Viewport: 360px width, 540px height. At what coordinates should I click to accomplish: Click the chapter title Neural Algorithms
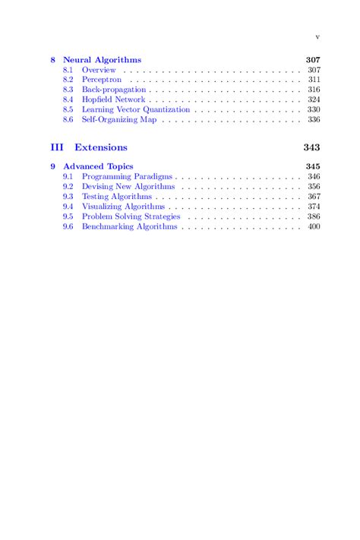pos(102,60)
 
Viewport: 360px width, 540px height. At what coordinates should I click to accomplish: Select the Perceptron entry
pos(102,80)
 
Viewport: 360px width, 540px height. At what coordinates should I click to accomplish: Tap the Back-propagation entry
pos(114,90)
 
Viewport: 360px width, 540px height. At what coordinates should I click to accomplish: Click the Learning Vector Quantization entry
pos(136,109)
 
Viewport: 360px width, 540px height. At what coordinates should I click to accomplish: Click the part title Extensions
pos(101,147)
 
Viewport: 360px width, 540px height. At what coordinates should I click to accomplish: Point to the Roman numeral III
pos(57,147)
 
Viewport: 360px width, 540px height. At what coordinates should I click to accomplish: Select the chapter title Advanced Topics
pos(98,166)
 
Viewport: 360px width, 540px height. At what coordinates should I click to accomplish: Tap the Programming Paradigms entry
pos(127,176)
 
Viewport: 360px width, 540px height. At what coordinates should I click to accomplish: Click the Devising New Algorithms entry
pos(128,186)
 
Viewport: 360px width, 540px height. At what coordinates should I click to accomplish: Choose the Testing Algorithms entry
pos(118,196)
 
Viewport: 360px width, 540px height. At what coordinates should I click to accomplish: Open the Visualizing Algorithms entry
pos(123,206)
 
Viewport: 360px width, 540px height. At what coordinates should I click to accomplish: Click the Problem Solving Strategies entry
pos(131,216)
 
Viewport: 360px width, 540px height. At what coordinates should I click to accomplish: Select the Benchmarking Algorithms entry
pos(129,226)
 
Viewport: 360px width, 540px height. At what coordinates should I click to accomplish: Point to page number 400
pos(314,226)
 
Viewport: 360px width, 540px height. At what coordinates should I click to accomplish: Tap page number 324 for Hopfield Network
pos(314,99)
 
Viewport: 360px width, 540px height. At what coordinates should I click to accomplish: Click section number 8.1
pos(68,70)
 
